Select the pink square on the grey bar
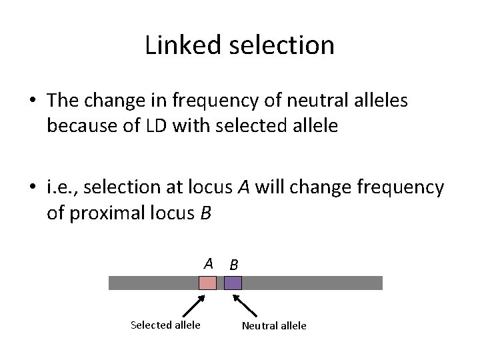208,283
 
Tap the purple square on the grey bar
233,283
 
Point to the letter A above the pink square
209,263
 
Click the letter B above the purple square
233,264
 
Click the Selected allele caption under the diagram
165,325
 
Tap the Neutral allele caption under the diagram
274,326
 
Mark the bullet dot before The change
33,101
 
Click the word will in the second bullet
270,189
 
